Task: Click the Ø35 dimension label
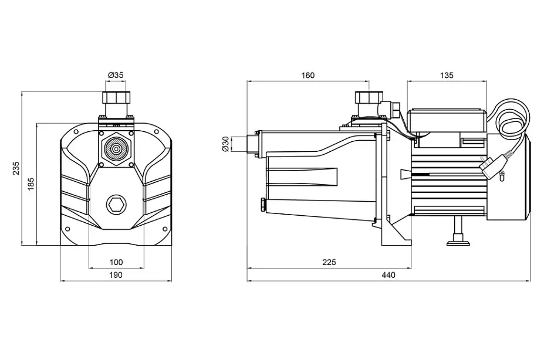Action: click(x=116, y=75)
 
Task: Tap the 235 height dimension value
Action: click(x=16, y=168)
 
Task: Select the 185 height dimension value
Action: click(x=31, y=184)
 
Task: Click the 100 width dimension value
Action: click(x=116, y=262)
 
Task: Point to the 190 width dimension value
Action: click(x=116, y=275)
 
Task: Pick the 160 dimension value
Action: click(x=308, y=75)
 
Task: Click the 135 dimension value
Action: click(x=447, y=75)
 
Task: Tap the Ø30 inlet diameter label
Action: click(x=225, y=144)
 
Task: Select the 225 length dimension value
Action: click(x=329, y=262)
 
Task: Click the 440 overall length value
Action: click(x=388, y=275)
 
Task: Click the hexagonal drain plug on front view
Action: click(x=116, y=205)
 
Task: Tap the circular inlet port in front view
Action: click(x=116, y=149)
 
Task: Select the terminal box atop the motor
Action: click(x=447, y=121)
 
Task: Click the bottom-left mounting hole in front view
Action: click(x=67, y=229)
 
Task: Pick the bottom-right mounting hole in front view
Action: click(x=165, y=229)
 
